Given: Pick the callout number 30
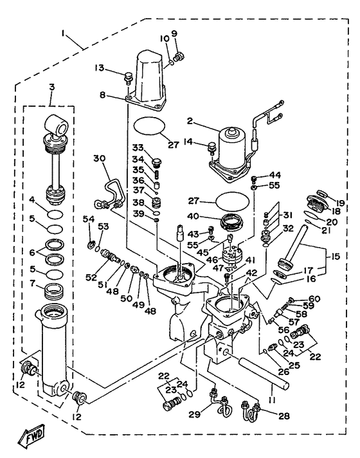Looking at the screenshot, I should coord(98,158).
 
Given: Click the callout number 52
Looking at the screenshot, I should coord(92,277).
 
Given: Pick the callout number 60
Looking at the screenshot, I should coord(314,298).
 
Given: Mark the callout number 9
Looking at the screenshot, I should coord(173,33).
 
